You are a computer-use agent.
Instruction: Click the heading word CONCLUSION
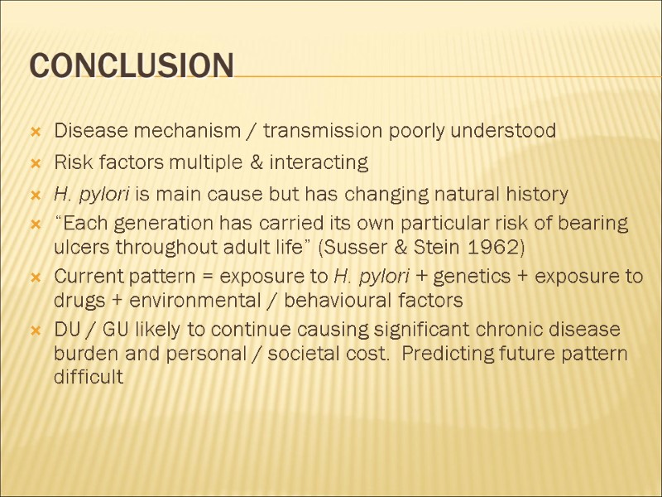(132, 65)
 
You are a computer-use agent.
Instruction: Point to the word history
(536, 195)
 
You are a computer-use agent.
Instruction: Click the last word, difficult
(89, 377)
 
